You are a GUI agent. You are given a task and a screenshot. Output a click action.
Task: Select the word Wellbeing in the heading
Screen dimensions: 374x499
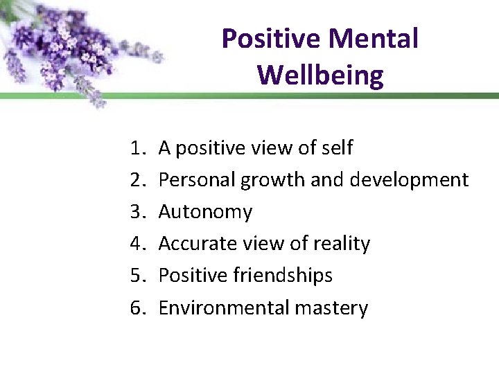(x=320, y=75)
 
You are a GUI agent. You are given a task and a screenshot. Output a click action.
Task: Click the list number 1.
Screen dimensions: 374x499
(x=136, y=148)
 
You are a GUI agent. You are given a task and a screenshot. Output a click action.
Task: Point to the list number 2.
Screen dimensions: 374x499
(x=136, y=180)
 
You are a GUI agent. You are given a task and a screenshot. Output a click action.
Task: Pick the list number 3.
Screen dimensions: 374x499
(x=136, y=212)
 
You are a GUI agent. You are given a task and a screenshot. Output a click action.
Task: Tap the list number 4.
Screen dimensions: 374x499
(x=136, y=244)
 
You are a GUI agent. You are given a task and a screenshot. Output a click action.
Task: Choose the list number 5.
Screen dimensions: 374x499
(x=136, y=276)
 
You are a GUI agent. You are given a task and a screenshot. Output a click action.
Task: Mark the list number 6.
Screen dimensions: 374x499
(x=136, y=308)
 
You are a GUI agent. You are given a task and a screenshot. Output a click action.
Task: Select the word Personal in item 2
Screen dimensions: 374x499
(x=198, y=180)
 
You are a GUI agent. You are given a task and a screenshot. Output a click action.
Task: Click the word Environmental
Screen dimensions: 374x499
(x=215, y=308)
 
